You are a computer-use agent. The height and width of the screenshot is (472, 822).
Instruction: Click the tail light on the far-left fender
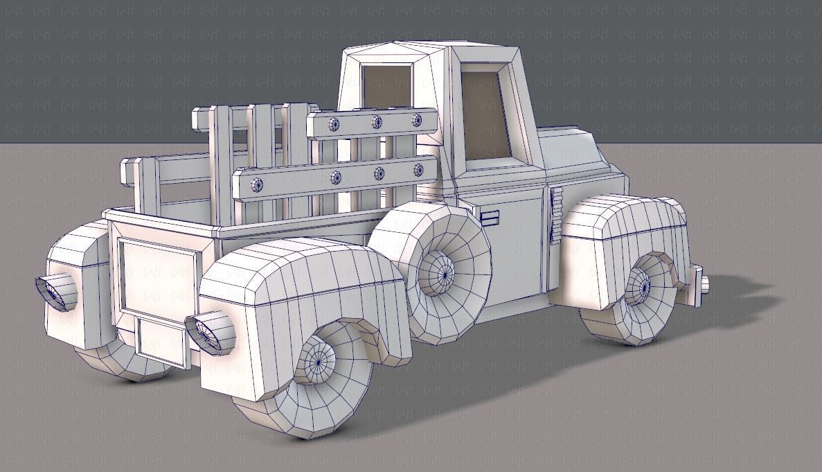tap(55, 289)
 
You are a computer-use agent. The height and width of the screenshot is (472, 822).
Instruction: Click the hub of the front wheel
tap(640, 284)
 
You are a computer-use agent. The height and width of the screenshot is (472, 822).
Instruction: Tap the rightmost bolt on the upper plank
tap(418, 119)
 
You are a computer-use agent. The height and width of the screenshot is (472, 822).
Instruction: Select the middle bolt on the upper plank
tap(377, 122)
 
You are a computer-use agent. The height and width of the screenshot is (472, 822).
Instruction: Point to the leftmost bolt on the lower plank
tap(256, 184)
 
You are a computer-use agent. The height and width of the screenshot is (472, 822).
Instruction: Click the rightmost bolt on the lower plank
tap(418, 169)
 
